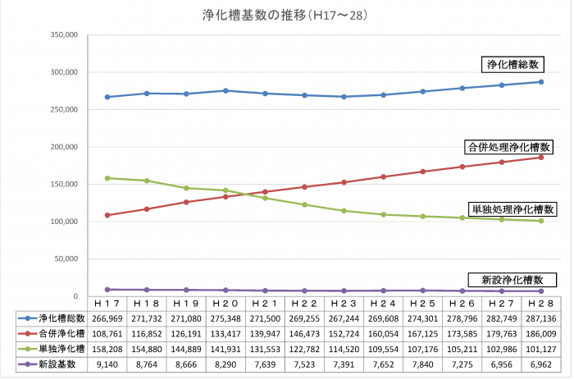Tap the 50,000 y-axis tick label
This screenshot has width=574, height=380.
click(x=63, y=259)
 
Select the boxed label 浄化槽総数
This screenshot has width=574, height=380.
click(x=512, y=64)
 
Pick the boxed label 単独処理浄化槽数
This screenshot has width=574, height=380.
click(x=512, y=209)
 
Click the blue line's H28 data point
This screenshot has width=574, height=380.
click(x=541, y=81)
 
